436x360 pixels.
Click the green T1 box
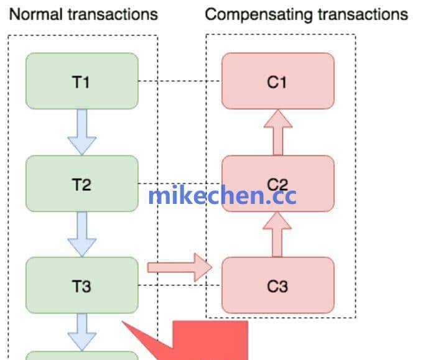tap(81, 81)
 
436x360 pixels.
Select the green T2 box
tap(81, 183)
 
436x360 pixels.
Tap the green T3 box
tap(81, 285)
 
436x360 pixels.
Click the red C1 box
tap(277, 81)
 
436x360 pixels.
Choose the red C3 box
tap(277, 285)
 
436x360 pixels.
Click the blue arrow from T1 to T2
tap(82, 132)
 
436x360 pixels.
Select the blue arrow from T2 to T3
tap(82, 234)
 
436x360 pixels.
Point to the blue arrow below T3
tap(82, 331)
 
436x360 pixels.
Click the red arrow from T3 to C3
tap(180, 267)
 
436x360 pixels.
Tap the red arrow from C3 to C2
tap(277, 234)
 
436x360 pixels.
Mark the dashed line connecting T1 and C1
tap(180, 81)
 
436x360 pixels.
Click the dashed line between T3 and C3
tap(180, 286)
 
